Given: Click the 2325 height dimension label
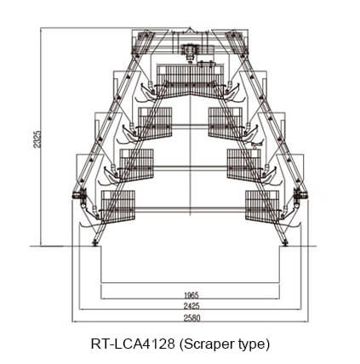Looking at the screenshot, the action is point(37,139).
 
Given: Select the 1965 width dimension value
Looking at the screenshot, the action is point(191,295).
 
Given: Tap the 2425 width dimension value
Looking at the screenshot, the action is point(191,306).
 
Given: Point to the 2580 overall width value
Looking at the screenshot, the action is point(191,318).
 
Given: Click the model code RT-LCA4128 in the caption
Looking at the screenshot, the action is point(133,344).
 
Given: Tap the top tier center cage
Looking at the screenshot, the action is point(190,81).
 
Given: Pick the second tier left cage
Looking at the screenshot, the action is point(155,123).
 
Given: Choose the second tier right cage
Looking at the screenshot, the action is point(226,123).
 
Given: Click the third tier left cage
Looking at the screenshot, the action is point(136,165).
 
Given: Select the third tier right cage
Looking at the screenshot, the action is point(244,165).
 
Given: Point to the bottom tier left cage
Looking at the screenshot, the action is point(118,207).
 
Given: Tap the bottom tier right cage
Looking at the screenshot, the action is point(262,207).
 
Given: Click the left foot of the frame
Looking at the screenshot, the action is point(94,243).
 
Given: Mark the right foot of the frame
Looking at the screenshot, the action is point(285,243).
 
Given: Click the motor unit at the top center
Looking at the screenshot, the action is point(190,51).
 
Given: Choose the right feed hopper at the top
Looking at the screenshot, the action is point(237,43).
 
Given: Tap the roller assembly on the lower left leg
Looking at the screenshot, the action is point(80,196).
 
